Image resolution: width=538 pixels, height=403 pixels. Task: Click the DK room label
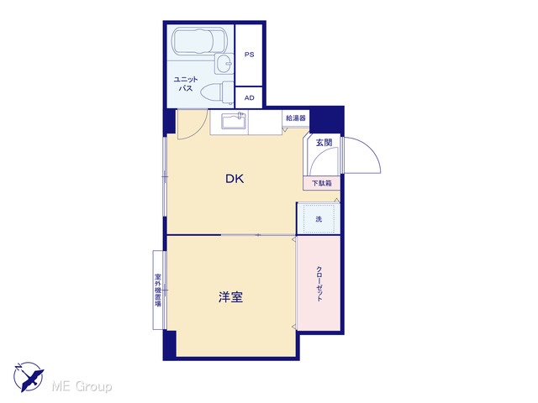click(x=235, y=179)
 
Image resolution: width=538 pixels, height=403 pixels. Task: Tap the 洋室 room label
click(x=230, y=297)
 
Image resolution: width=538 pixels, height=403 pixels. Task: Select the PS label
click(x=250, y=55)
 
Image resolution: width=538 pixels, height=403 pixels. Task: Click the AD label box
click(x=249, y=97)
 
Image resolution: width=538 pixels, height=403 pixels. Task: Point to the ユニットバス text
click(x=186, y=84)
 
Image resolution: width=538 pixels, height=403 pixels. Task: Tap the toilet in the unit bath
click(x=217, y=92)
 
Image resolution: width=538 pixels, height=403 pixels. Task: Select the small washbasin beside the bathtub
click(x=224, y=64)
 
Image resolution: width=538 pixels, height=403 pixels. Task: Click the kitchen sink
click(x=235, y=121)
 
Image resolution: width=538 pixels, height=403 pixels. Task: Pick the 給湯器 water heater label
click(x=296, y=118)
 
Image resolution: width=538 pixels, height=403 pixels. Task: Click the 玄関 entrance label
click(x=324, y=142)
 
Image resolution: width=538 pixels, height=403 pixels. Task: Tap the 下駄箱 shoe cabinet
click(x=321, y=183)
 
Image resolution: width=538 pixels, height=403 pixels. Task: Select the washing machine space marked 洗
click(x=319, y=218)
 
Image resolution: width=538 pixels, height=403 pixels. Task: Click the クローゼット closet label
click(x=319, y=284)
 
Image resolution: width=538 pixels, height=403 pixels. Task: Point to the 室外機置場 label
click(x=158, y=290)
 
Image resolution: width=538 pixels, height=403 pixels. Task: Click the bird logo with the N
click(x=29, y=377)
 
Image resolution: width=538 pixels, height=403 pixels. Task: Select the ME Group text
click(x=82, y=386)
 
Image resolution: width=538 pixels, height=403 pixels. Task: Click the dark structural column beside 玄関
click(x=327, y=119)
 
